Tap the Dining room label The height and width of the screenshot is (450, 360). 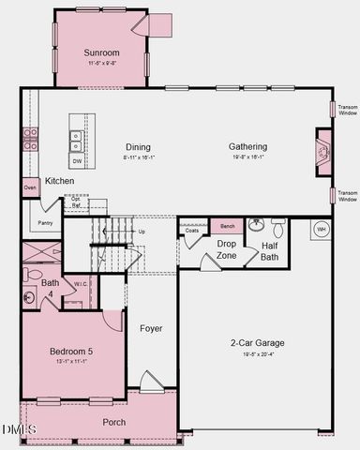coord(139,147)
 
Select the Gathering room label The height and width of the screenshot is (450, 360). coord(247,146)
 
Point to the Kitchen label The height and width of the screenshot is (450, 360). coord(60,180)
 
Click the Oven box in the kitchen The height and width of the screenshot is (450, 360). coord(30,187)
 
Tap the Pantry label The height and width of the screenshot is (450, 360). coord(43,223)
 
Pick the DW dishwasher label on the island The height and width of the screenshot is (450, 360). coord(76,161)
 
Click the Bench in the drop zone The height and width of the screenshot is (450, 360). coord(227,227)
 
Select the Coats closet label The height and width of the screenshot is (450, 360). coord(192,229)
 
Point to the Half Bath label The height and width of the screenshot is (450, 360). coord(270,251)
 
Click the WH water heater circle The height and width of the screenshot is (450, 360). coord(320,229)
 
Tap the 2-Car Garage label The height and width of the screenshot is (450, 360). coord(258,342)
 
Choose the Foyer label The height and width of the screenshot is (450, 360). coord(151,328)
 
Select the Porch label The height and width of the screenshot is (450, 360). coord(113,421)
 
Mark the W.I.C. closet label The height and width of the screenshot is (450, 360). coord(80,285)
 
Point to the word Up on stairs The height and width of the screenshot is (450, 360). coord(142,231)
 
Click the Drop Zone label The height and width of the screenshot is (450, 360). coord(227,249)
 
